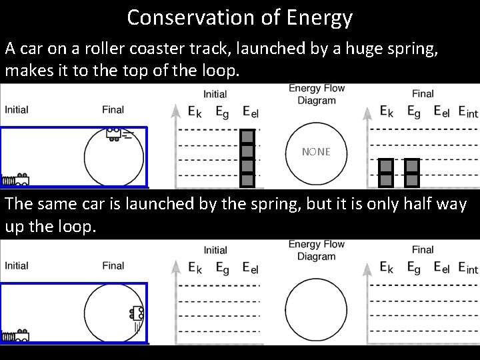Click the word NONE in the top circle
pos(316,152)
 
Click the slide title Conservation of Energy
pos(239,17)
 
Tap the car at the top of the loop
pos(114,133)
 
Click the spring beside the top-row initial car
pos(9,179)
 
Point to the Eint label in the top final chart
pos(468,112)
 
